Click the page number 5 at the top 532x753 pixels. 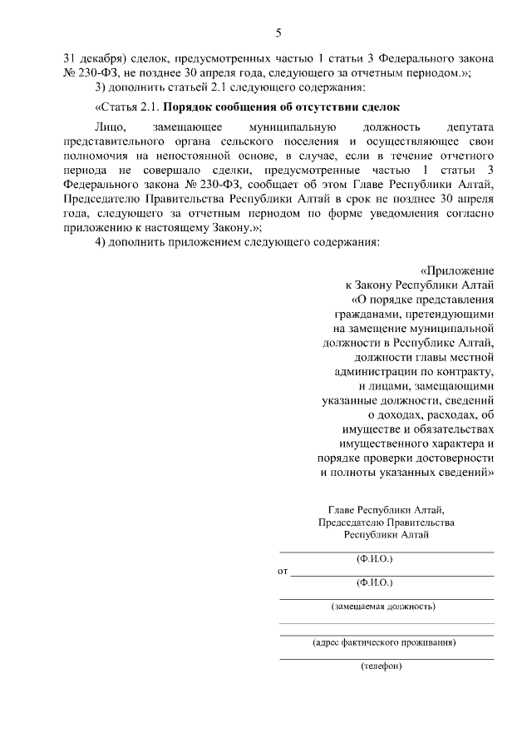click(278, 33)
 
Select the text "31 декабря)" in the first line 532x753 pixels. click(92, 61)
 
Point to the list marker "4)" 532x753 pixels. click(102, 242)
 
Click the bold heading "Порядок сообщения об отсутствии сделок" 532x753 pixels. click(281, 107)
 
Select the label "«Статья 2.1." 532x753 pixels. click(127, 107)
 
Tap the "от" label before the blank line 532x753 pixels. click(283, 572)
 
